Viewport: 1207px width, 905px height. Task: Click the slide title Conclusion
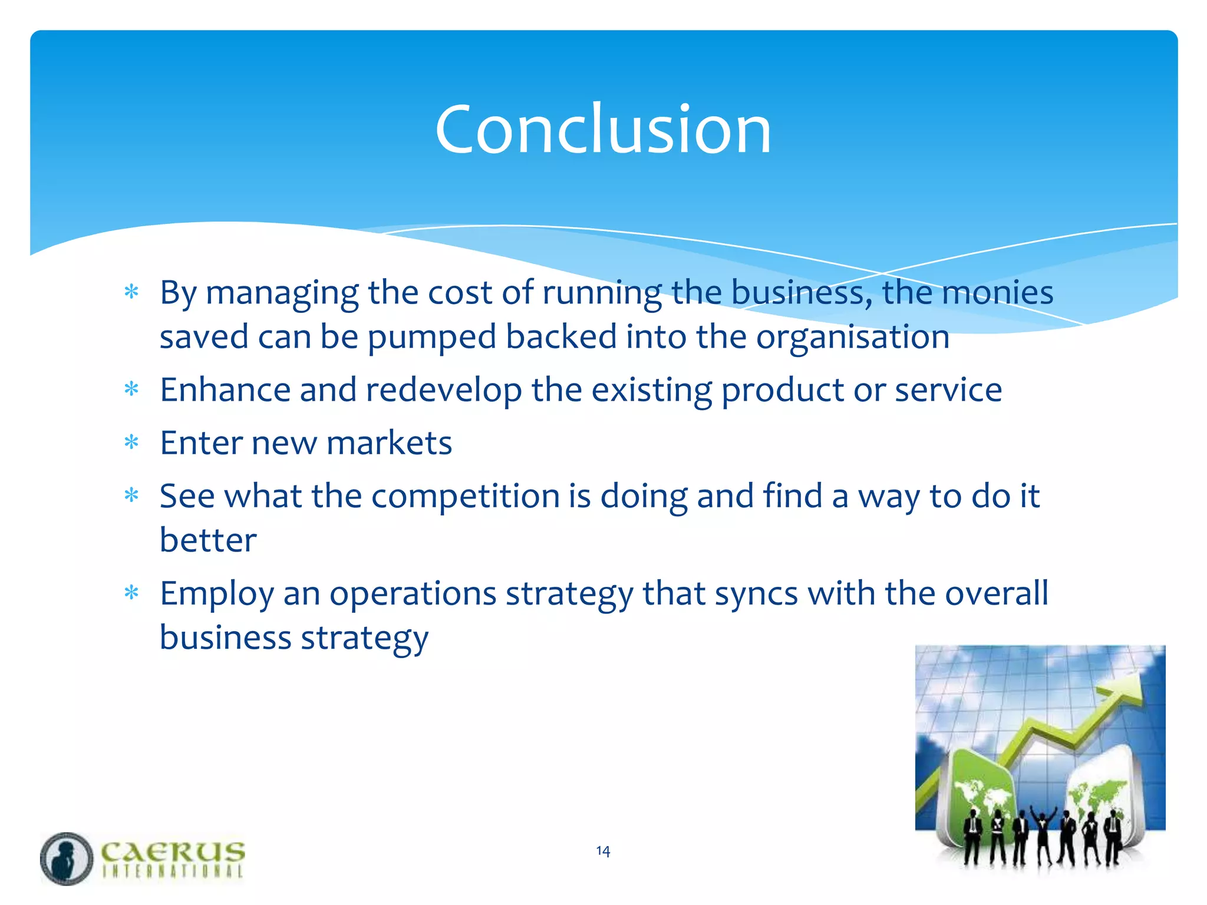603,129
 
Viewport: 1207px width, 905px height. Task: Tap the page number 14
603,851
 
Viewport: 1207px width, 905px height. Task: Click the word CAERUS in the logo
173,852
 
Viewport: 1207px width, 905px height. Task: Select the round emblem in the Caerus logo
67,858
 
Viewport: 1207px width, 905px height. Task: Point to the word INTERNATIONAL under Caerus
173,871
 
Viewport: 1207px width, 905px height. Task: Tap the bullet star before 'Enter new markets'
131,442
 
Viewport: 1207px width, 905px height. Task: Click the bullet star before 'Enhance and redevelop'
131,389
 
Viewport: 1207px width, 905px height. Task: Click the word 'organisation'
852,338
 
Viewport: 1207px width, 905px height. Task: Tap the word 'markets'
389,443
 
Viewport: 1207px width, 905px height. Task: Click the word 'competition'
465,496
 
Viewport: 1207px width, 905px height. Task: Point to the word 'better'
208,540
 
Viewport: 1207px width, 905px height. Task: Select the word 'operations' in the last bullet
413,594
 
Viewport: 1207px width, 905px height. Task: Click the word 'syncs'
756,594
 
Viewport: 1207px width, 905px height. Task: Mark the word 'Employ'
217,594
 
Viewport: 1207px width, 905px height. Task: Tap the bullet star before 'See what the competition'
131,496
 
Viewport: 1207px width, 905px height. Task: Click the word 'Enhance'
225,390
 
